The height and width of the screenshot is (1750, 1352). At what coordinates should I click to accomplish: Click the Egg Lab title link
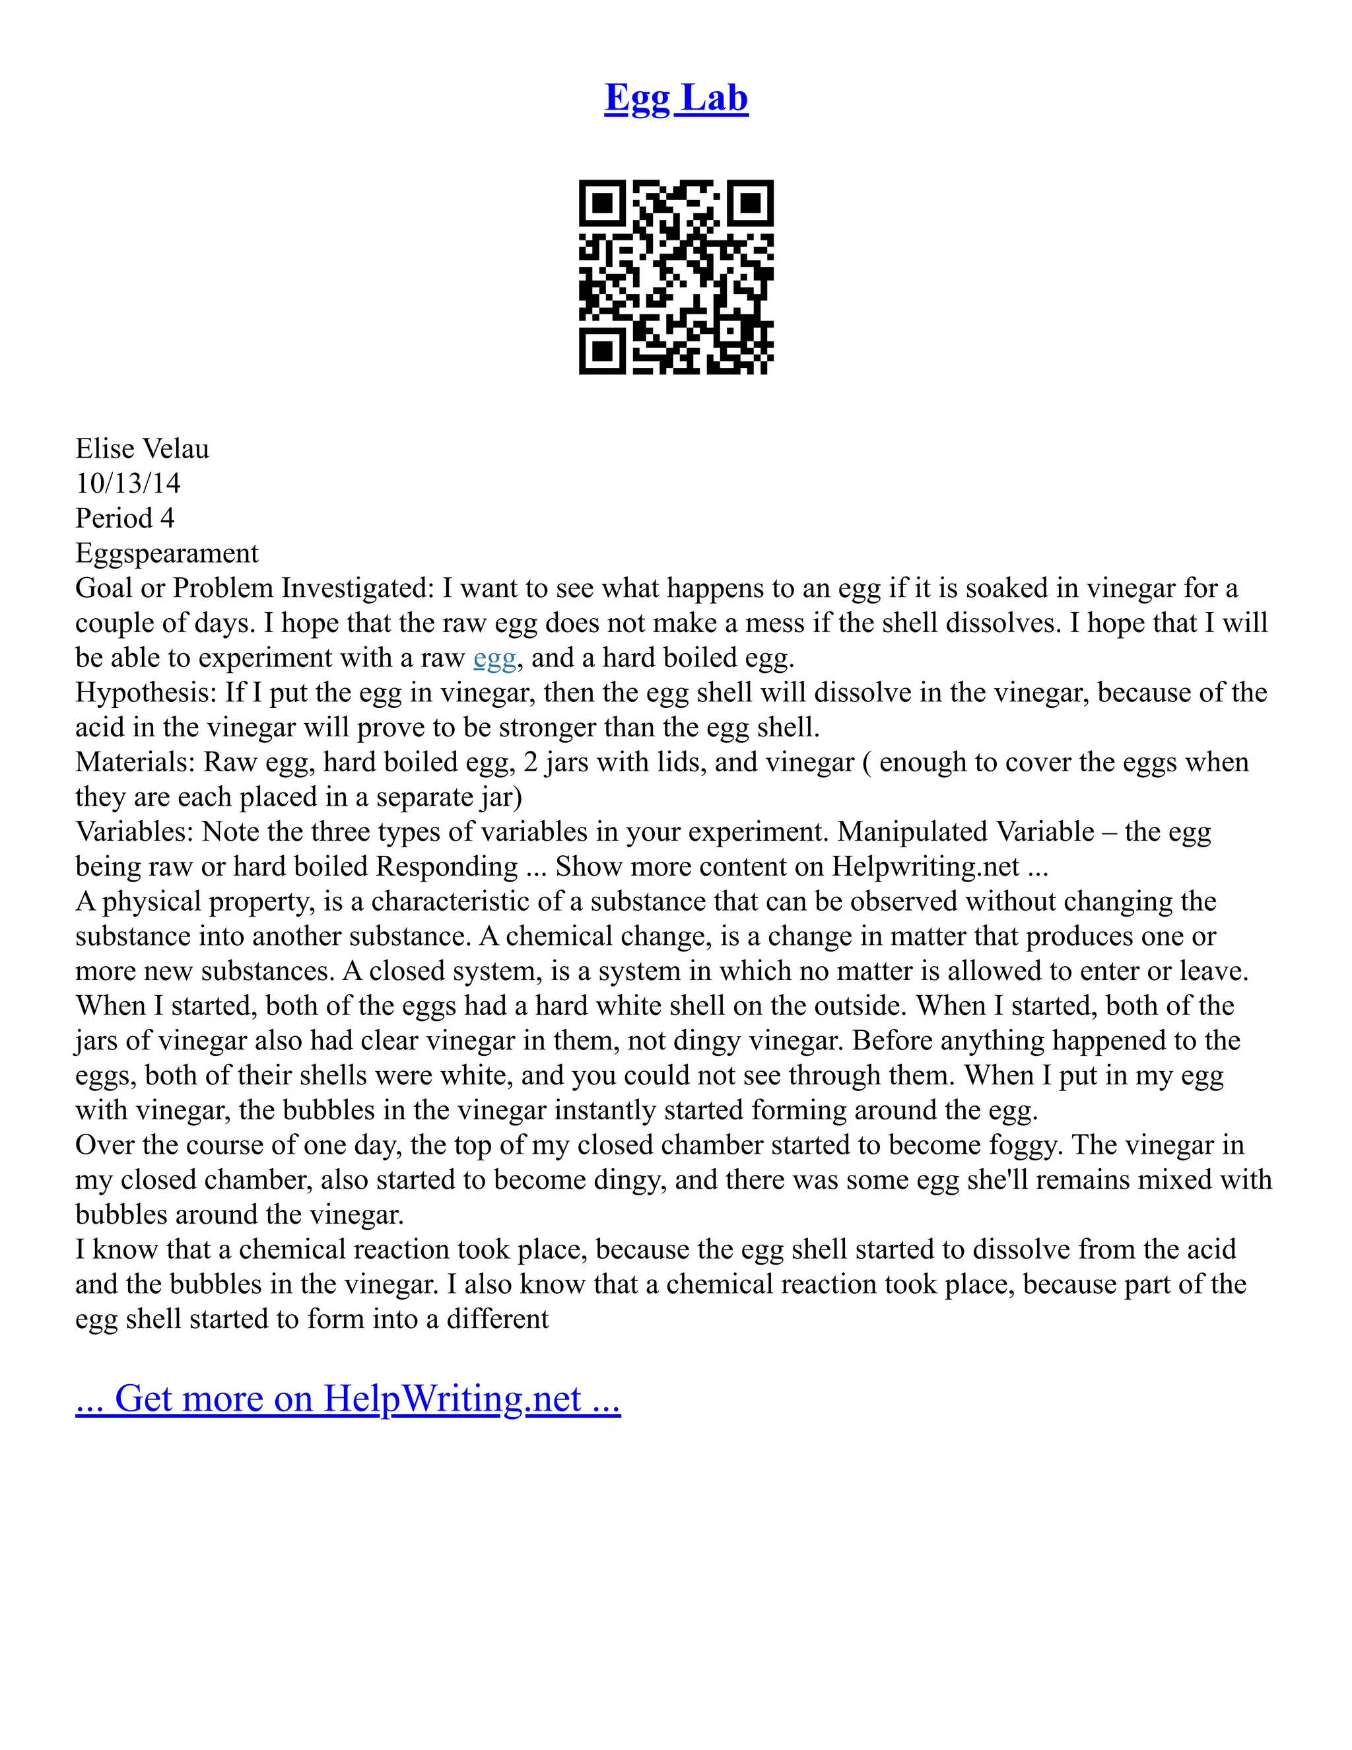(x=676, y=98)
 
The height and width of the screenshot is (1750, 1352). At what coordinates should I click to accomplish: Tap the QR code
(x=676, y=277)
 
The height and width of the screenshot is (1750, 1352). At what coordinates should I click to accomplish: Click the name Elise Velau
(x=142, y=448)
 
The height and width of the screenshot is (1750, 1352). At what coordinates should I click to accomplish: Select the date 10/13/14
(x=128, y=483)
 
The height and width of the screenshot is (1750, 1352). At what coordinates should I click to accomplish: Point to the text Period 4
(x=124, y=518)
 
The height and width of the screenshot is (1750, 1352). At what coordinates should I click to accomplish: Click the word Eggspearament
(x=166, y=553)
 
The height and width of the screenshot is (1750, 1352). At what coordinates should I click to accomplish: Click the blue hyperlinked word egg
(x=494, y=658)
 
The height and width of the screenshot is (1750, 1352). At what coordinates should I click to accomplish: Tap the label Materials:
(x=135, y=762)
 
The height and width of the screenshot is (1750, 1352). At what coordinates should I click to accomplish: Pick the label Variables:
(x=135, y=831)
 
